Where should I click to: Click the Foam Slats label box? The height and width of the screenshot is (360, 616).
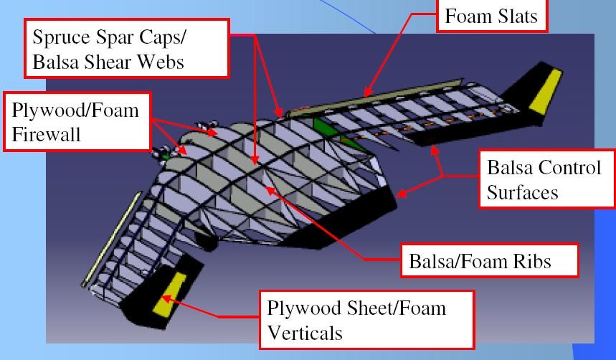point(492,16)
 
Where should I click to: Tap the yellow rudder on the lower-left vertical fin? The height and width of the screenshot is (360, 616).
point(169,291)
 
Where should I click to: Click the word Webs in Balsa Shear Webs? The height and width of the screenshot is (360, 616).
point(161,62)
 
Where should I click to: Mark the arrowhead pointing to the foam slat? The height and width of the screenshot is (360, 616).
point(366,93)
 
